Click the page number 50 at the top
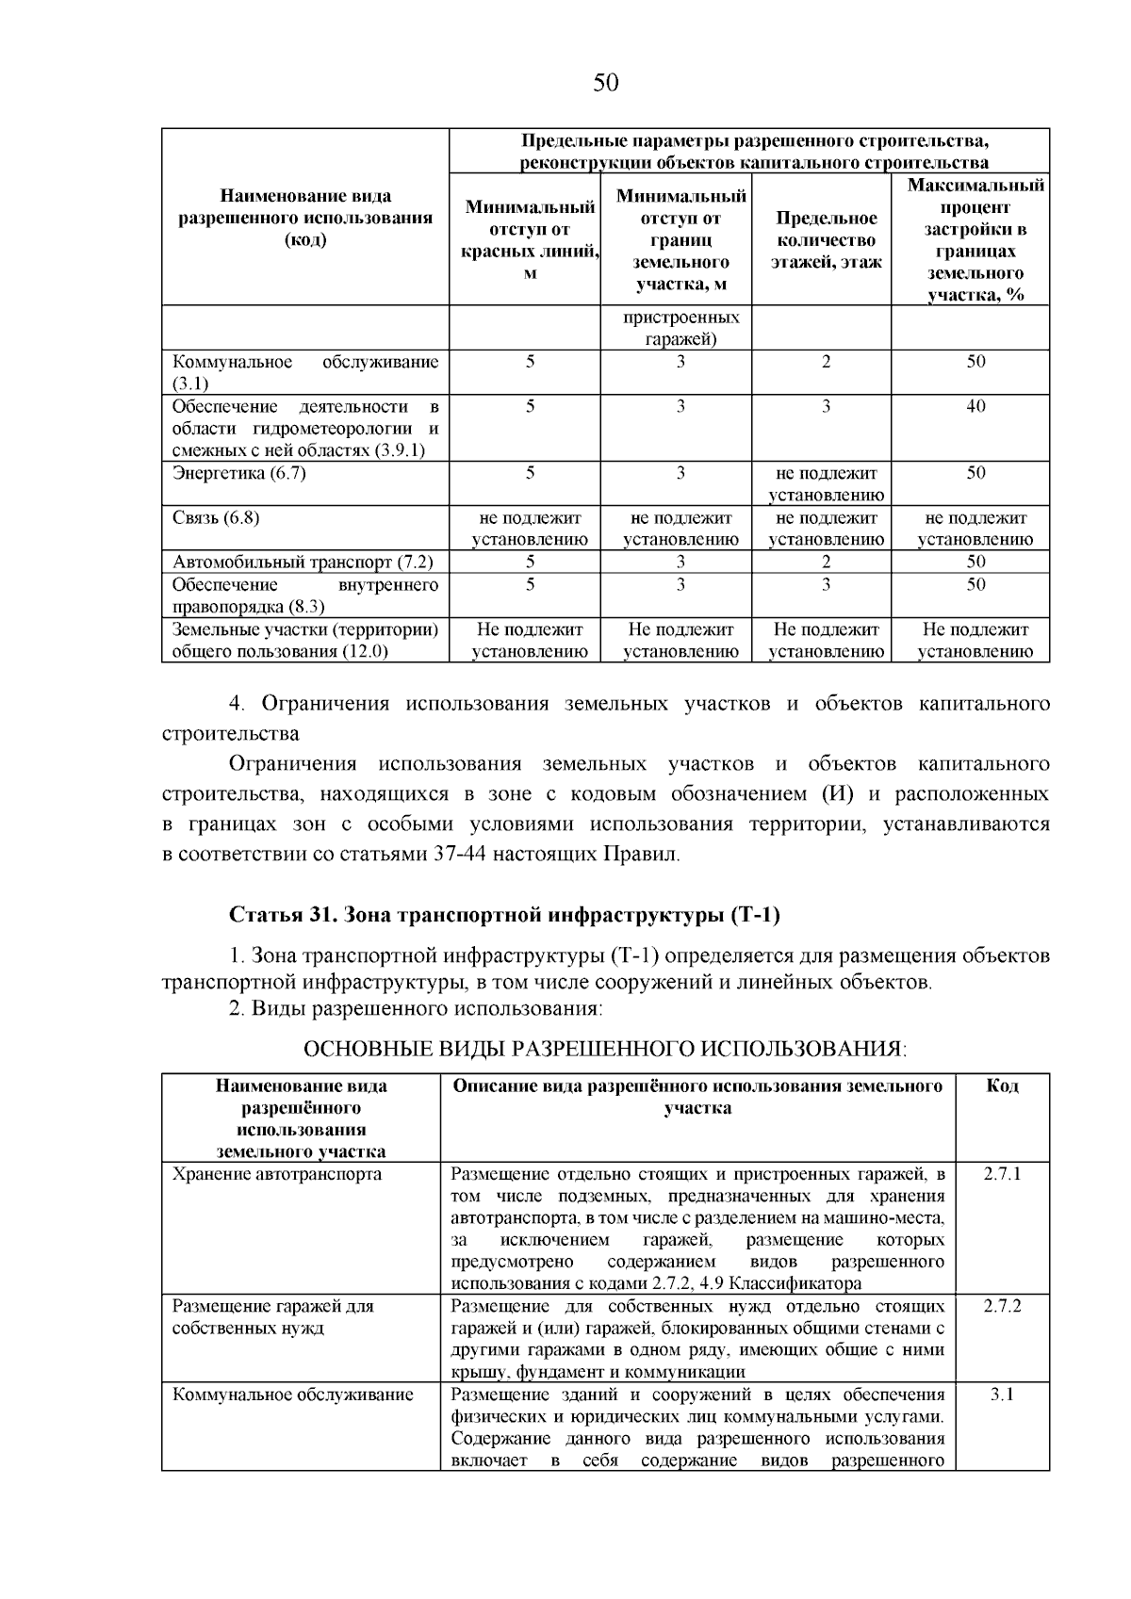click(x=606, y=83)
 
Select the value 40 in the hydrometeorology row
click(x=975, y=407)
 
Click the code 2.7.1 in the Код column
click(x=1002, y=1174)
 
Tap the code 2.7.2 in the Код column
click(x=1002, y=1306)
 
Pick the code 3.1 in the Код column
click(x=1002, y=1395)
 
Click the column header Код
click(x=1002, y=1086)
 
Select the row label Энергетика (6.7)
click(x=239, y=474)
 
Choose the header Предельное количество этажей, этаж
click(x=826, y=240)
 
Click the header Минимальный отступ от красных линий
click(x=530, y=240)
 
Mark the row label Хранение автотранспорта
click(x=277, y=1174)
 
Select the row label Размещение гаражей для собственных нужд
click(x=273, y=1317)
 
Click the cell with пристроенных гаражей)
click(x=680, y=329)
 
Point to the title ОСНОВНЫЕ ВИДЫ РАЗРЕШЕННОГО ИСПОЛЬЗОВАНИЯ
click(x=604, y=1049)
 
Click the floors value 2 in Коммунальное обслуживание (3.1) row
click(x=826, y=363)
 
